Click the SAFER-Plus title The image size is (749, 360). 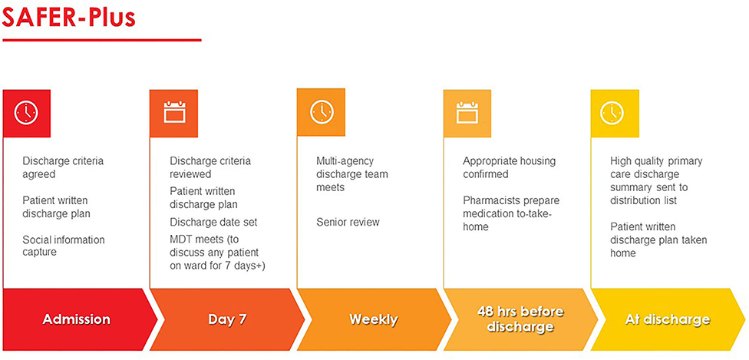(69, 18)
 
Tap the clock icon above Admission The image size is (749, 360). (26, 113)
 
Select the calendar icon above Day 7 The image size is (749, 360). (174, 112)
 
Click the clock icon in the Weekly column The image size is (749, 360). (322, 112)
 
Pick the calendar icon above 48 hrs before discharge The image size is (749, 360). (467, 112)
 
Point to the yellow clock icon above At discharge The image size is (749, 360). (612, 114)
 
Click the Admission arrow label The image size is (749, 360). (77, 319)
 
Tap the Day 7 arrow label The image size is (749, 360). (227, 319)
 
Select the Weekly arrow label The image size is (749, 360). (373, 319)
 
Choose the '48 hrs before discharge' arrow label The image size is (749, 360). (520, 319)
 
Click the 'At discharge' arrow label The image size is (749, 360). (668, 319)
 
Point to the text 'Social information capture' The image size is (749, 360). (64, 246)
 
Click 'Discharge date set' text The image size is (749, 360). (213, 223)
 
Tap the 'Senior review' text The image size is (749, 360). (348, 223)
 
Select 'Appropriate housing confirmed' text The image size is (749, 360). (510, 168)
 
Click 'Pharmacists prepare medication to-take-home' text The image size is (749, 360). (510, 213)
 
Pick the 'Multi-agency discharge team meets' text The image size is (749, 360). (352, 174)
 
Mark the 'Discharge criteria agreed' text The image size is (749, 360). (63, 168)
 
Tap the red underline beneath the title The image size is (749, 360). (102, 40)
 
